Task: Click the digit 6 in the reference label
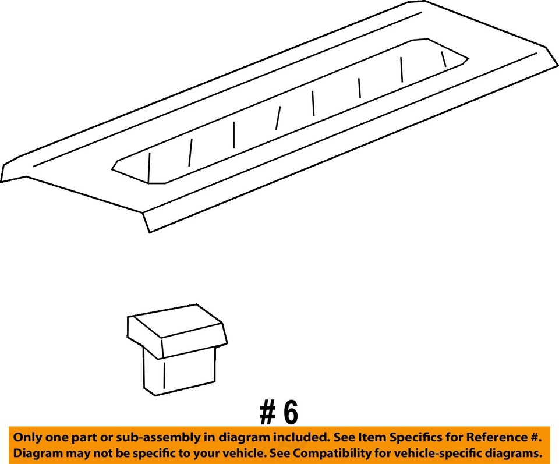[289, 413]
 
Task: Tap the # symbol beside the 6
[267, 413]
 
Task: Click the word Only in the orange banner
[29, 437]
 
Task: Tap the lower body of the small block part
[180, 370]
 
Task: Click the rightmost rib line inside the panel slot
[444, 59]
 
